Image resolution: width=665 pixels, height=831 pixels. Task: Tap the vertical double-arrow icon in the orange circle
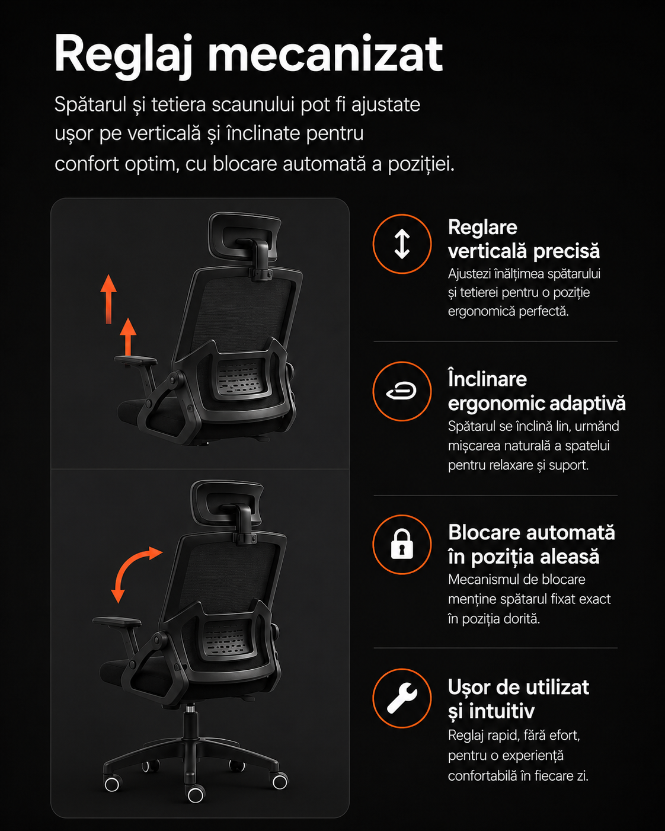[x=402, y=244]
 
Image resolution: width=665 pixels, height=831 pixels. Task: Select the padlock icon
[x=402, y=544]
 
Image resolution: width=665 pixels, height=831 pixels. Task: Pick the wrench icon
[x=402, y=698]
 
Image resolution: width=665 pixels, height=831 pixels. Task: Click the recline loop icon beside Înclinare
[x=402, y=391]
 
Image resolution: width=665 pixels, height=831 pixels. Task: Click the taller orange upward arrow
[x=108, y=299]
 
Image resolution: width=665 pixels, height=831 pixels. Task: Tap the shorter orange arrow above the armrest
[x=128, y=336]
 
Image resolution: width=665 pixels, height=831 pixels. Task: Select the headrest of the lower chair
[x=227, y=503]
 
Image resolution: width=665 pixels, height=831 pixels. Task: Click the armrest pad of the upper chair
[x=136, y=360]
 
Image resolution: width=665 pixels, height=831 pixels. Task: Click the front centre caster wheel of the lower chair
[x=196, y=794]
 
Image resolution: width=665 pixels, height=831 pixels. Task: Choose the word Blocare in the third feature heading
[x=485, y=532]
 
